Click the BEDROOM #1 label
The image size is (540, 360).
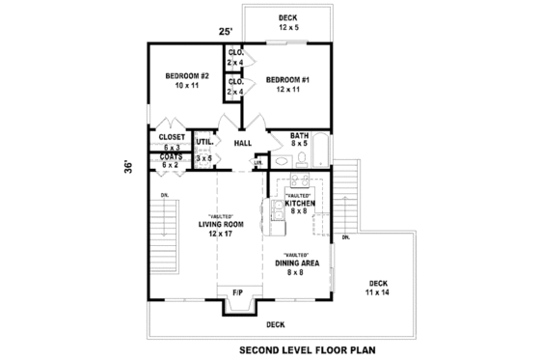286,78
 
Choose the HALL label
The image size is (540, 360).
242,143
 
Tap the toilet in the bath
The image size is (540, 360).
301,159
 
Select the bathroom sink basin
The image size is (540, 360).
283,160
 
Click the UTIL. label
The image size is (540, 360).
203,141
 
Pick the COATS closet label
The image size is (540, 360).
171,156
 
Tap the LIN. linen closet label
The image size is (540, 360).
257,163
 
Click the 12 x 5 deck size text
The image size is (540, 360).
287,29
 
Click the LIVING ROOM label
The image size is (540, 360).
221,224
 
